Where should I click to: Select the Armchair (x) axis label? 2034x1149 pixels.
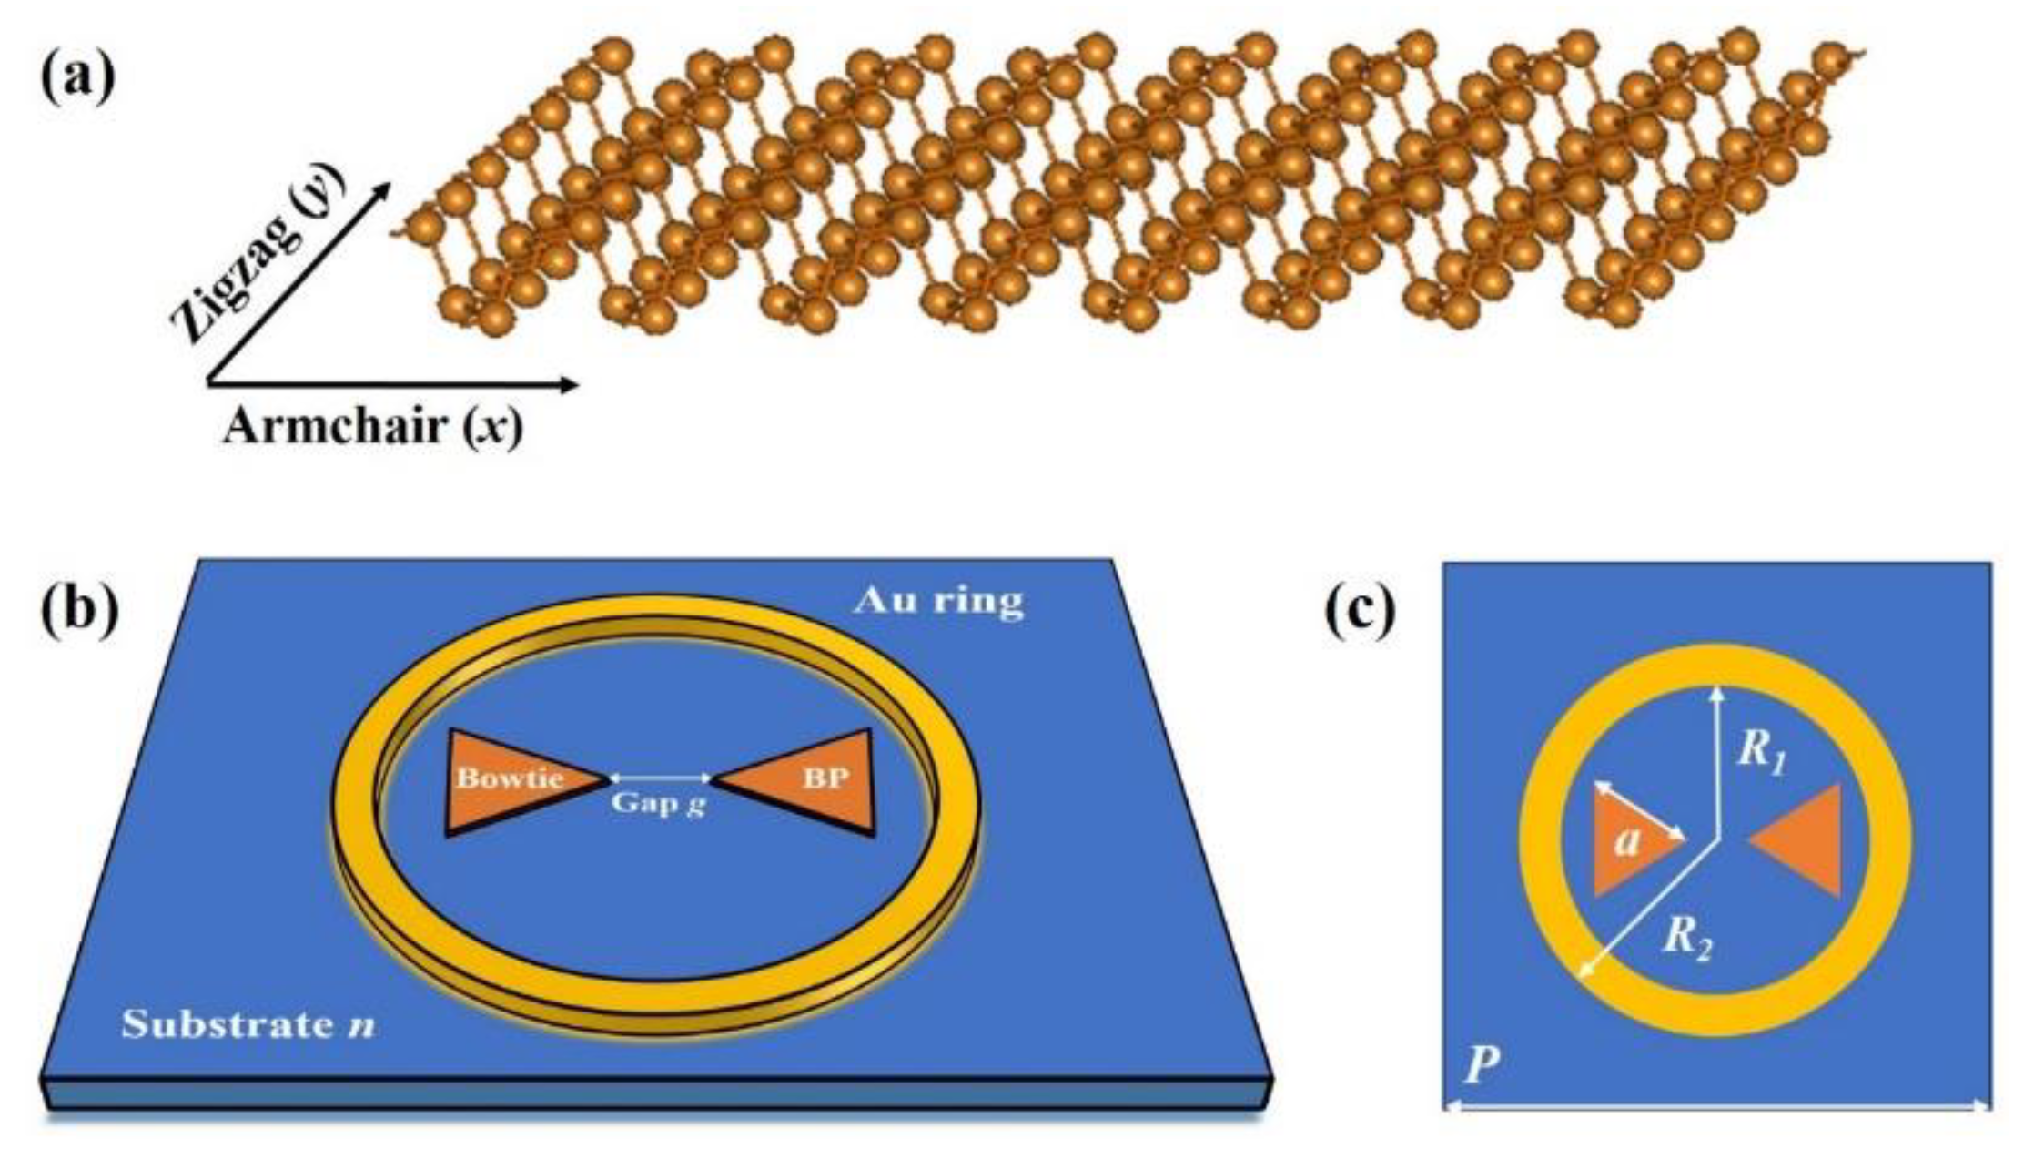[x=373, y=426]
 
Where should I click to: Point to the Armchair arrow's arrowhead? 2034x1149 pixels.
[x=571, y=384]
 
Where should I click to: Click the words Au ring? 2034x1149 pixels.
[x=938, y=601]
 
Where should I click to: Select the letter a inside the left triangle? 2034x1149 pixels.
[x=1626, y=843]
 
